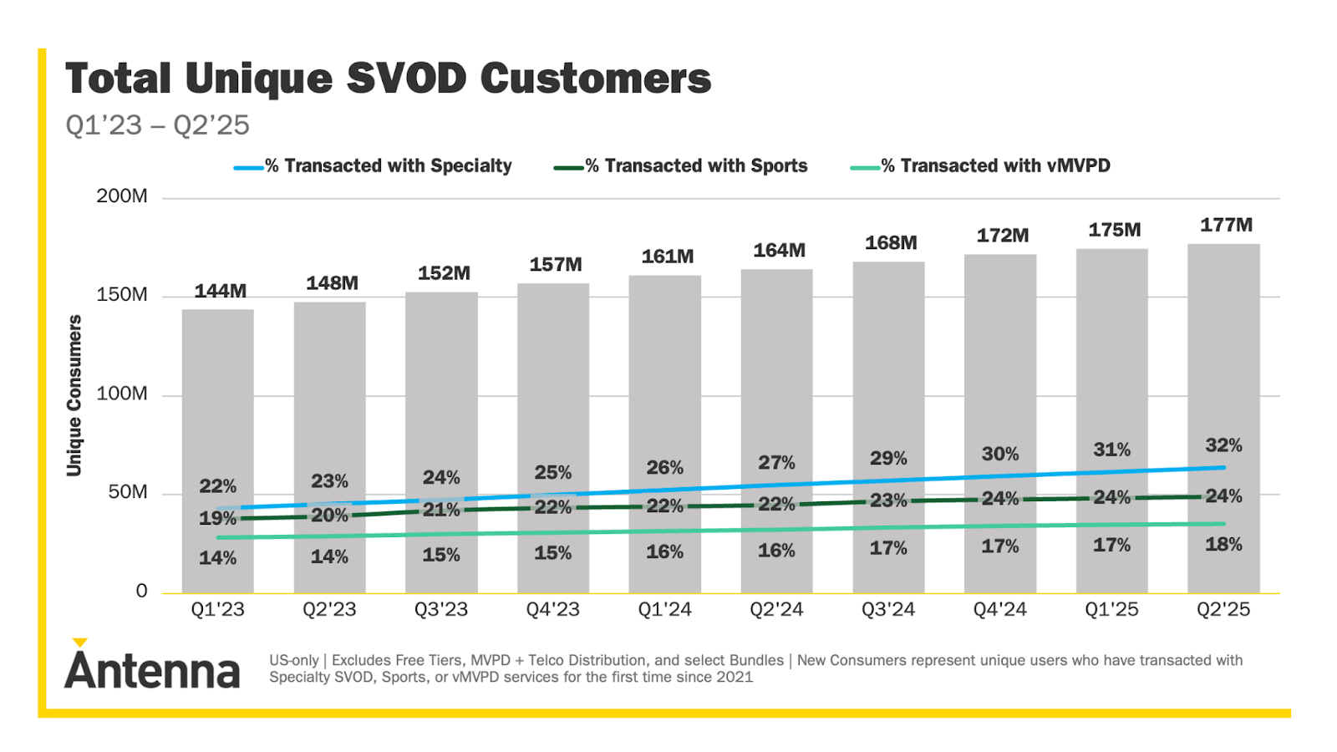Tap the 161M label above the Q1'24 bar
click(667, 257)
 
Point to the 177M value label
click(1226, 225)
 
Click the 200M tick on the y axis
click(122, 196)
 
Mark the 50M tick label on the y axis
click(128, 492)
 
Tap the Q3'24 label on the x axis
click(887, 609)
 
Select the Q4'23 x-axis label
click(552, 609)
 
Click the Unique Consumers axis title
click(74, 395)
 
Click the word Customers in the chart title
click(595, 79)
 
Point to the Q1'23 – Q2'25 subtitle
click(157, 125)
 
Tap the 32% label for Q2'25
click(1223, 445)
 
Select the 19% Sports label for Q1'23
click(216, 518)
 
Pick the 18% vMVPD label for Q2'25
click(1223, 545)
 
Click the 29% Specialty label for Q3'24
click(887, 458)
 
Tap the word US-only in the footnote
click(293, 660)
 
